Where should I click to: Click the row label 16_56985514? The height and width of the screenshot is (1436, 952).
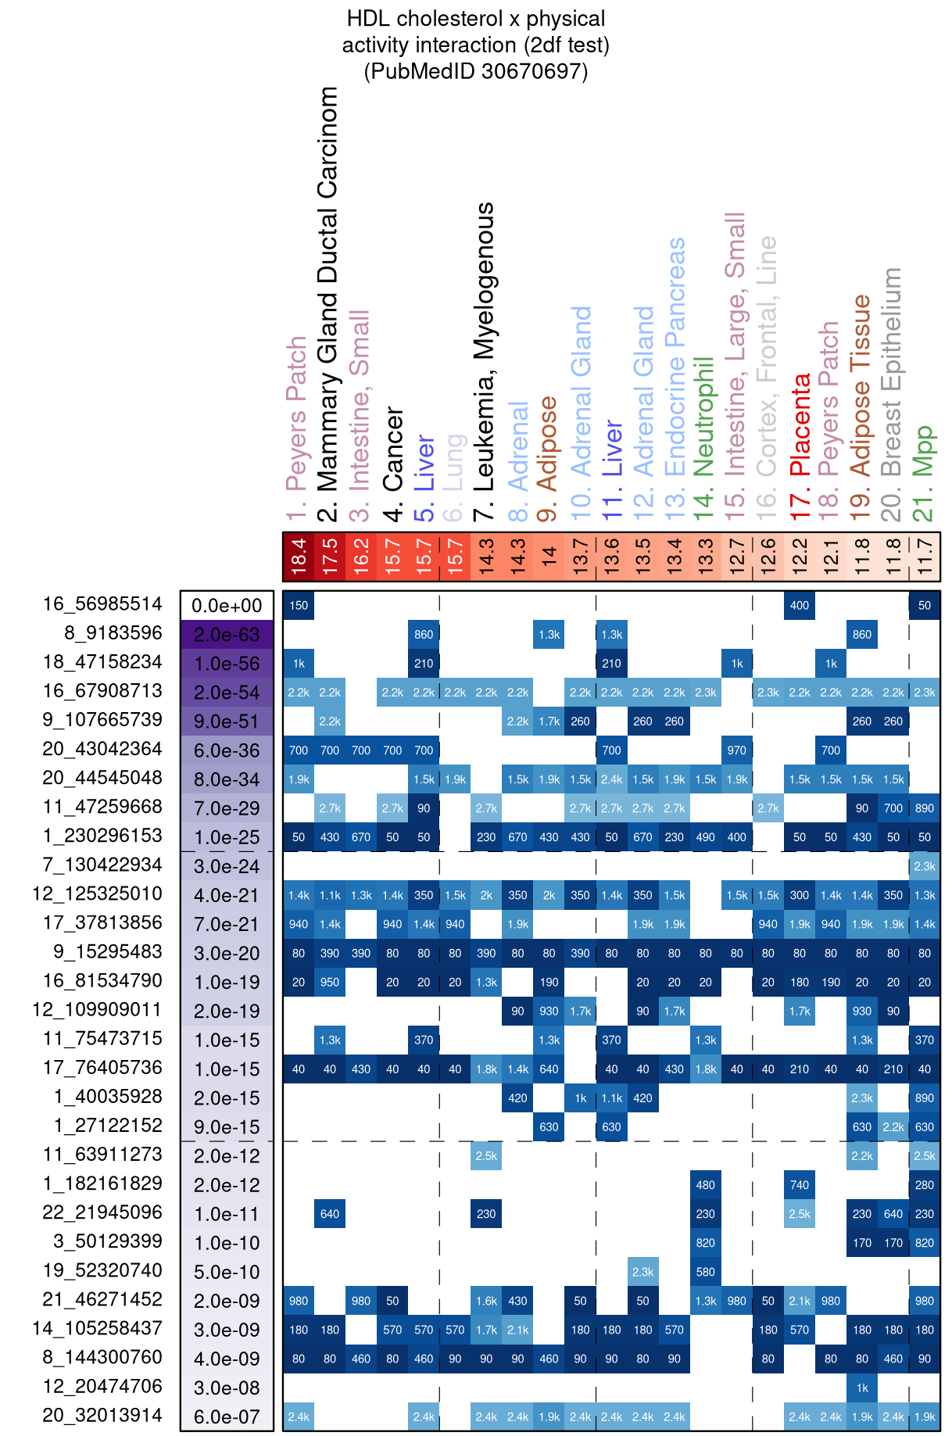(x=102, y=604)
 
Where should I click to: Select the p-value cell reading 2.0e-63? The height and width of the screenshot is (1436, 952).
(x=227, y=634)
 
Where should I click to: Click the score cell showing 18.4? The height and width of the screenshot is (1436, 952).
(x=299, y=557)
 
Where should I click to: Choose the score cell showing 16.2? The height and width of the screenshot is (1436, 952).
(x=361, y=557)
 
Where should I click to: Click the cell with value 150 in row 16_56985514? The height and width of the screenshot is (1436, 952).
(x=299, y=605)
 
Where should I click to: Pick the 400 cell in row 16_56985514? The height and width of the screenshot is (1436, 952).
(x=800, y=605)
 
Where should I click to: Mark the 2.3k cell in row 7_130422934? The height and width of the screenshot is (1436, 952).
(x=925, y=866)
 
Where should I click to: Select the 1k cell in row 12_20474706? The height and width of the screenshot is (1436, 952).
(x=862, y=1388)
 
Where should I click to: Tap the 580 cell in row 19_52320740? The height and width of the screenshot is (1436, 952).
(x=706, y=1272)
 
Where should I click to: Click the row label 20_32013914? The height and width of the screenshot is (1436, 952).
(x=102, y=1415)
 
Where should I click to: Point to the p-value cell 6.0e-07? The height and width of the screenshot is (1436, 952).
(x=227, y=1416)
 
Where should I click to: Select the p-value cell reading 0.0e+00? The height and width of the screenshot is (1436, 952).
(x=227, y=606)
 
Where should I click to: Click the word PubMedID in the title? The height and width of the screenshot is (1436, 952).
(x=422, y=71)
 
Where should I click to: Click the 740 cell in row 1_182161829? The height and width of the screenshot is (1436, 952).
(x=800, y=1185)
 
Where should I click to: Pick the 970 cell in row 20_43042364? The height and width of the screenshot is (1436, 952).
(x=737, y=750)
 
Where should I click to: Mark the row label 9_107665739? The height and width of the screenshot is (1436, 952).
(x=102, y=720)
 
